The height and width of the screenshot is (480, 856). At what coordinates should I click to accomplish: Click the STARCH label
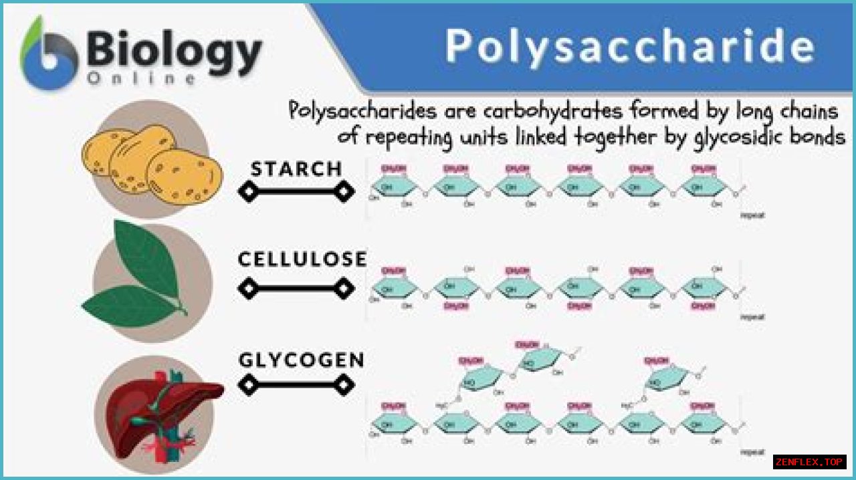click(296, 168)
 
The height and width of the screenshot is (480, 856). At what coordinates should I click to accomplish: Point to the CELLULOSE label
click(302, 259)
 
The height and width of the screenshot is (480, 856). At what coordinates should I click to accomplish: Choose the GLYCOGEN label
click(302, 360)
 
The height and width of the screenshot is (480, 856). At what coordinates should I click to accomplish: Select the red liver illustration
click(157, 408)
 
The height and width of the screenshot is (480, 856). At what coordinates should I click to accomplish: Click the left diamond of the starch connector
click(248, 192)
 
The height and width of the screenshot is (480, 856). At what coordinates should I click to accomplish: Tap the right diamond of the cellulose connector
click(344, 289)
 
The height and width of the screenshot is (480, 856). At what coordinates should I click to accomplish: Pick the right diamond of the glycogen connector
click(344, 384)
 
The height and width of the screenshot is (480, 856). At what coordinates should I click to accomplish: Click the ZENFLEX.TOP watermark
click(809, 462)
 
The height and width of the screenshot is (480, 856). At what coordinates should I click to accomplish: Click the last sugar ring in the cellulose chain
click(704, 289)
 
